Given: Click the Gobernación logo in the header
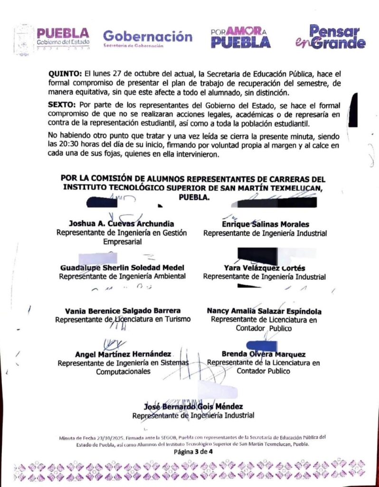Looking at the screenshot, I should point(148,38).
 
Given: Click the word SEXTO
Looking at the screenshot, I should point(63,104).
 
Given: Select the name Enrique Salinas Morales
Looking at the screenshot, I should point(265,224).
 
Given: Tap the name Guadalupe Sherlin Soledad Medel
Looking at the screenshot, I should point(122,267).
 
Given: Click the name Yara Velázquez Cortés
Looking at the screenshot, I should point(265,268).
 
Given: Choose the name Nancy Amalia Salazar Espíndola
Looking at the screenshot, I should point(264,311).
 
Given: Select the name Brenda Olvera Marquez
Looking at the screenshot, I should point(264,354).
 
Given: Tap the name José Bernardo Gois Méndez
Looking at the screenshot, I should point(193,407).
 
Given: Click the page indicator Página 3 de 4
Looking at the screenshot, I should point(193,452).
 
